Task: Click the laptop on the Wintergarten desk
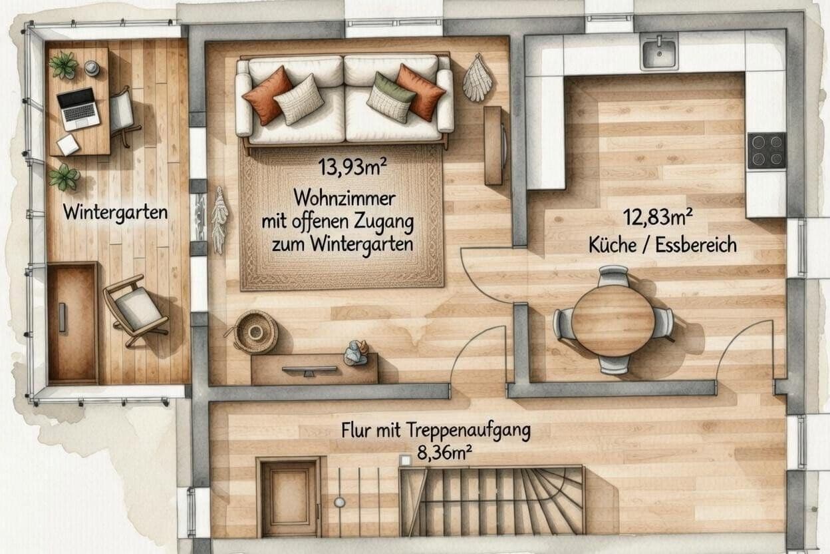78,108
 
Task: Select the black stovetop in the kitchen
766,150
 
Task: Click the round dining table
613,320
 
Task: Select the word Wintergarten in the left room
115,212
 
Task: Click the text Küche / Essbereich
662,244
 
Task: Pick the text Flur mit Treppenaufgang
436,431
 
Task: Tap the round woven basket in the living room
255,331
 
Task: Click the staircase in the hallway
492,501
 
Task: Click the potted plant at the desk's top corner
63,65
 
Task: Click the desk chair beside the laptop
122,111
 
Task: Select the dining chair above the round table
613,275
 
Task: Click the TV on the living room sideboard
309,370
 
